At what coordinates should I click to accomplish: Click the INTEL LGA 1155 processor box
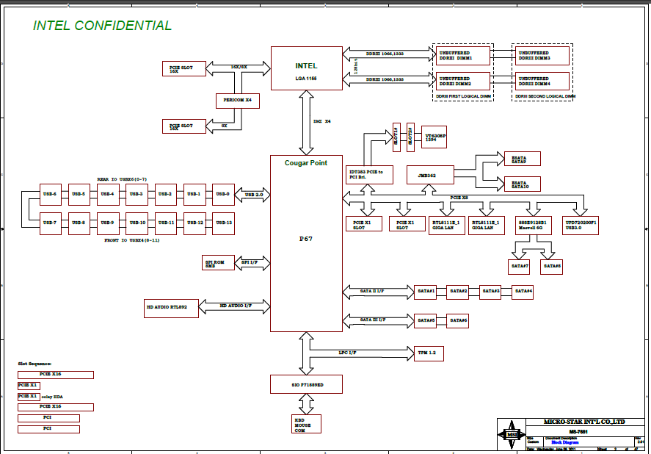click(x=306, y=68)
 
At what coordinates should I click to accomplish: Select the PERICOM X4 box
click(x=238, y=100)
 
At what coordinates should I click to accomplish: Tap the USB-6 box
click(x=50, y=195)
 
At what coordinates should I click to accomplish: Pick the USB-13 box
click(x=223, y=223)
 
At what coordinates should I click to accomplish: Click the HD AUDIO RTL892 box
click(x=172, y=308)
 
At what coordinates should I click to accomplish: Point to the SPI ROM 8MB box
click(x=218, y=263)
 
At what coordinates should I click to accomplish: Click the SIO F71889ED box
click(x=307, y=384)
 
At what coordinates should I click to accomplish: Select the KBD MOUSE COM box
click(x=307, y=424)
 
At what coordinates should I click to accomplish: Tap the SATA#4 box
click(x=523, y=291)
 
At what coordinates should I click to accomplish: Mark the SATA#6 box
click(x=459, y=320)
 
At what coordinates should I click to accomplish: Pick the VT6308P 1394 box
click(x=435, y=137)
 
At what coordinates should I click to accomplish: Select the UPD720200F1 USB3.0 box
click(x=581, y=224)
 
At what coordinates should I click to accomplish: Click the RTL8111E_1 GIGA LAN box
click(x=447, y=224)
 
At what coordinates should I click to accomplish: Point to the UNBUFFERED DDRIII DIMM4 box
click(x=542, y=81)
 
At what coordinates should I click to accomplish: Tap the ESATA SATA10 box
click(x=520, y=184)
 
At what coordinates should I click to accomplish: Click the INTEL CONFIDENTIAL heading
click(x=103, y=26)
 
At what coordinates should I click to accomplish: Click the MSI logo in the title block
click(x=511, y=435)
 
